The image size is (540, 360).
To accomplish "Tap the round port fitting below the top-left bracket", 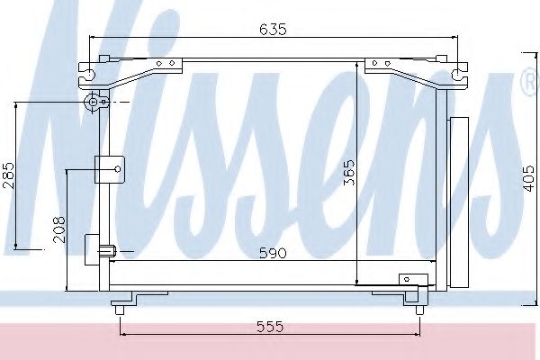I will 94,104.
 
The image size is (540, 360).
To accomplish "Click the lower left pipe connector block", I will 97,249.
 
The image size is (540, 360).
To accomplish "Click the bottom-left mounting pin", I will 119,310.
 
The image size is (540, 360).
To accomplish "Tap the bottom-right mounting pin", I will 418,310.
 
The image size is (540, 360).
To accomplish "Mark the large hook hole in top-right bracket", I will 455,74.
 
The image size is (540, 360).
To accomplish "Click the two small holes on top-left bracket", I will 165,64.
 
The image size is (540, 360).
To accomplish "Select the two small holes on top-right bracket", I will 377,64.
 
